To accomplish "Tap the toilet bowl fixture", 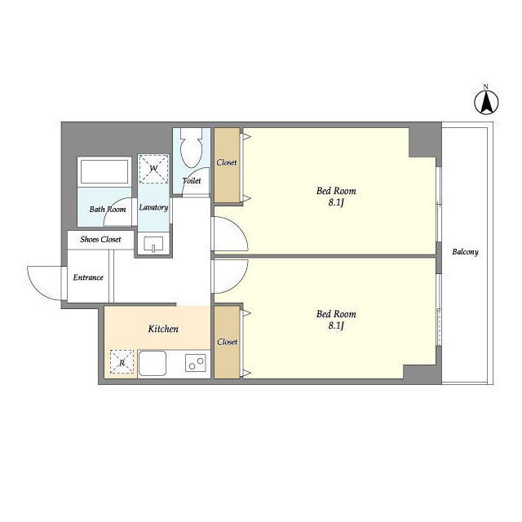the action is (192, 148).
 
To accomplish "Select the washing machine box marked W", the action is (153, 169).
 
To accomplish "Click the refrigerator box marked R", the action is (122, 362).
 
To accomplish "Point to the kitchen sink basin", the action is (153, 363).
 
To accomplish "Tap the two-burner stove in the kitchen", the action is (196, 363).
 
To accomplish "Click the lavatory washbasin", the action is (153, 244).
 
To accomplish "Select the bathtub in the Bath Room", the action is (104, 171).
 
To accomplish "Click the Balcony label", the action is (465, 252).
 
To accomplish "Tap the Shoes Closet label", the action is (100, 239).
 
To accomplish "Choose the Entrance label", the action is (88, 277).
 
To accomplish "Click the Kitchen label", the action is (163, 329).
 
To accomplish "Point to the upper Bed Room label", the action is (336, 191).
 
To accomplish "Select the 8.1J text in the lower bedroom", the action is (336, 325).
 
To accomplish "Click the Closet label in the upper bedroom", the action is (227, 162).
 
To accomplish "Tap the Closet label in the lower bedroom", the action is (228, 342).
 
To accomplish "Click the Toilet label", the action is (192, 180).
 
